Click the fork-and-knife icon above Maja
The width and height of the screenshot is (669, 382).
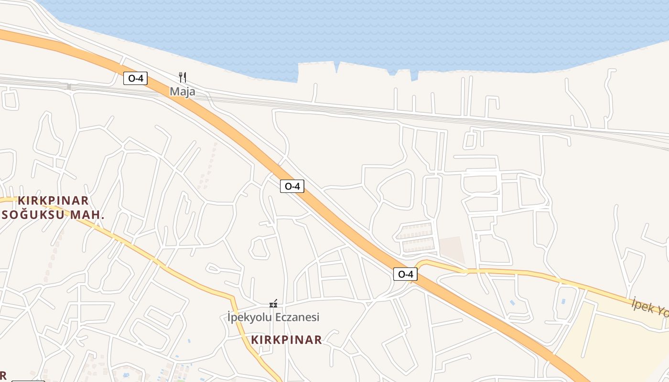coord(182,77)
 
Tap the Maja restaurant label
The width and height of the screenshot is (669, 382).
coord(183,91)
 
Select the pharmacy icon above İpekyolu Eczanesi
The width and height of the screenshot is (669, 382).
coord(273,303)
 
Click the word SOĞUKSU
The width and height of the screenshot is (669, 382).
coord(33,215)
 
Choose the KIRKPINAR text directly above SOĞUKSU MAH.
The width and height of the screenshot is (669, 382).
coord(53,201)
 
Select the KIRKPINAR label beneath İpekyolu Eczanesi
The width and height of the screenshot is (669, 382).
coord(286,340)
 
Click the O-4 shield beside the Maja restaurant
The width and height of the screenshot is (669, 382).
coord(135,78)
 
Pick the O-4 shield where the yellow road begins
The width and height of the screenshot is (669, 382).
coord(405,274)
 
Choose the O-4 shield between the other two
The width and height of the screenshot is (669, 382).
coord(292,186)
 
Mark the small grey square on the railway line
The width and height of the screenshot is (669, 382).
coord(69,87)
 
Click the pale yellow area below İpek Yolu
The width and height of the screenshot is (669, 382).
coord(616,344)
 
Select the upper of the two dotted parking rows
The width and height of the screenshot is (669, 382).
coord(414,231)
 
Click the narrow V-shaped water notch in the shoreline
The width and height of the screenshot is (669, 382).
coord(337,67)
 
